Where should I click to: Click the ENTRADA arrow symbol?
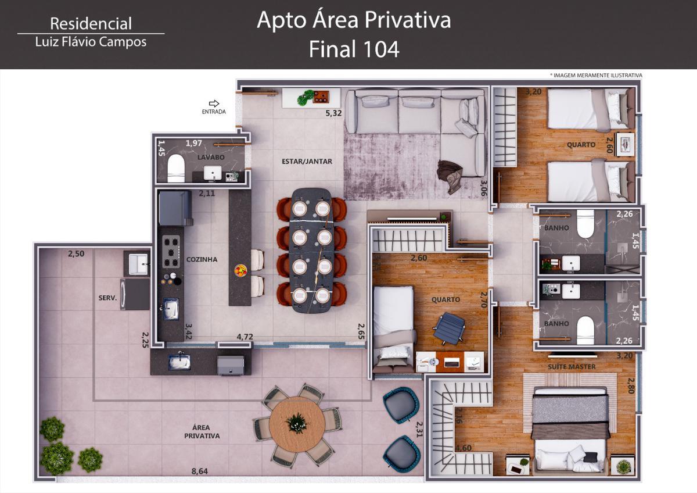(214, 103)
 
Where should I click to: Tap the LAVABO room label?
(211, 158)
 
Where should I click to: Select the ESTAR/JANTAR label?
(307, 161)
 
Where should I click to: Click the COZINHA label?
(202, 259)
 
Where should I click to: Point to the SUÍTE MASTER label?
(572, 367)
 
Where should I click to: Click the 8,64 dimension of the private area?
(199, 471)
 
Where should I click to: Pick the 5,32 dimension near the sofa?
(333, 113)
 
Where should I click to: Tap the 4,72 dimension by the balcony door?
(245, 337)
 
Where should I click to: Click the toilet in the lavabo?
(176, 168)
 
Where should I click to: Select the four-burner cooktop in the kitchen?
(171, 252)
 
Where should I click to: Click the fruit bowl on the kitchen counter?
(241, 270)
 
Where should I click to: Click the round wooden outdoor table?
(297, 424)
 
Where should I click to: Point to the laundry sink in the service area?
(138, 264)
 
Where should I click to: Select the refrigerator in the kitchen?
(175, 208)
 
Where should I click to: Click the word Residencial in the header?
(91, 24)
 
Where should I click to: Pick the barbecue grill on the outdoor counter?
(231, 365)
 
